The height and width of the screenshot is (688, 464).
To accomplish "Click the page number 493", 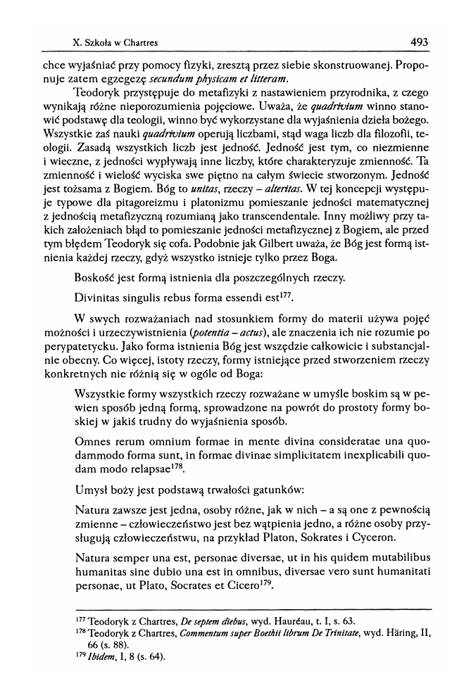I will click(419, 42).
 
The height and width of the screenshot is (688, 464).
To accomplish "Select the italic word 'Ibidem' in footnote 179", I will click(95, 658).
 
